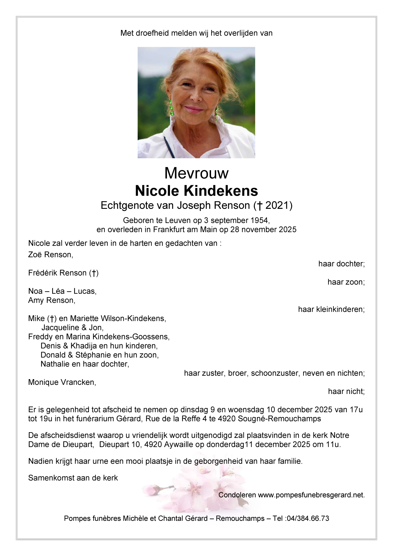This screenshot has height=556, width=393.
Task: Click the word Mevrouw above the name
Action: point(196,173)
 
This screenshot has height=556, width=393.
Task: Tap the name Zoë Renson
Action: point(50,255)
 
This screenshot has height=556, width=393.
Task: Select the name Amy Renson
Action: point(52,300)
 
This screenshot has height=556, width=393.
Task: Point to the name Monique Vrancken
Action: point(62,383)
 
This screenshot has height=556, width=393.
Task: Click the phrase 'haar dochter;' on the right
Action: point(341,264)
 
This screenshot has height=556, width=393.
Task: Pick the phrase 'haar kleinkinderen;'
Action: point(331,310)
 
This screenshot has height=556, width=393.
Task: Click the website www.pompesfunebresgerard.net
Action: point(311,495)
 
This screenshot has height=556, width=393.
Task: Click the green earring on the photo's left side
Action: point(172,108)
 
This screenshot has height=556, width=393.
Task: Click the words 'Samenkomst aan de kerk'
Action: point(73,478)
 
